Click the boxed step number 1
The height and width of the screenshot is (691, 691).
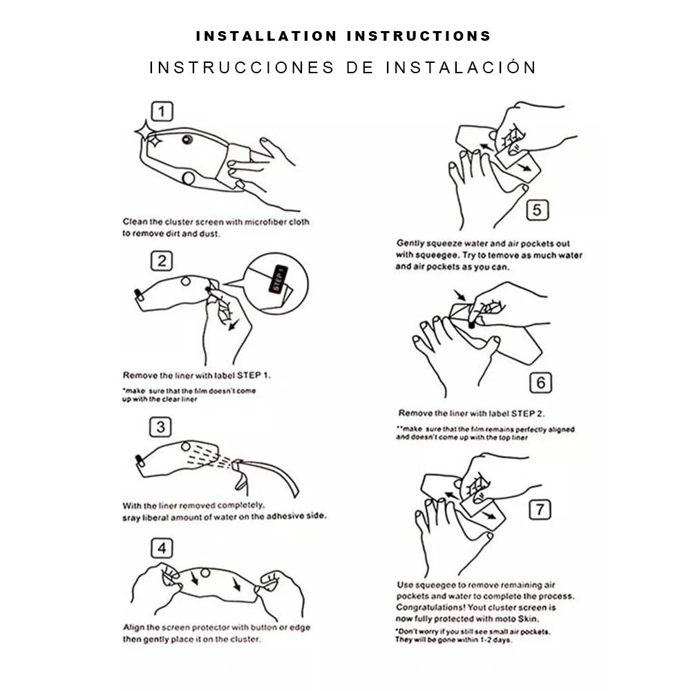click(162, 111)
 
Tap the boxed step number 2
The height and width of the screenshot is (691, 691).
click(161, 261)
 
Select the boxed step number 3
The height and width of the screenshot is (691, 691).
click(160, 427)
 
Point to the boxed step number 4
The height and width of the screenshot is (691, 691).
click(162, 548)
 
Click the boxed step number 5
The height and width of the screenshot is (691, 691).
click(537, 210)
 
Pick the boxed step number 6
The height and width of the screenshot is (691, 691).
click(540, 383)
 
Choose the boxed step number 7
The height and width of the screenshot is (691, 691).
click(540, 509)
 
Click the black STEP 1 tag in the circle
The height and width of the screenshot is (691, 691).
click(278, 279)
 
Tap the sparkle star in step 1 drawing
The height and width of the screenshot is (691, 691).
click(146, 133)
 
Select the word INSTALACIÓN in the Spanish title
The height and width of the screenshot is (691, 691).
click(460, 68)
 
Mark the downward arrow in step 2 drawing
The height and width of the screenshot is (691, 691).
click(233, 325)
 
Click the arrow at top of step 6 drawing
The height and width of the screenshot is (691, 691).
click(460, 295)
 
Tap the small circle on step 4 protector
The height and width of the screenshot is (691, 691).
click(205, 573)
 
